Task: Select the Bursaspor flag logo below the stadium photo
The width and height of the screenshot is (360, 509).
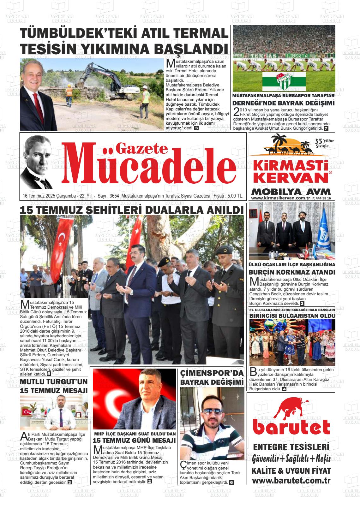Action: [x=284, y=81]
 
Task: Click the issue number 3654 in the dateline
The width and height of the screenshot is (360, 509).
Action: [x=113, y=196]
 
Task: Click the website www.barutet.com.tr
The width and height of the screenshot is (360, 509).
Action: [x=291, y=481]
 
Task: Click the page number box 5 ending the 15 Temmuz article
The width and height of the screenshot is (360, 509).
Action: [x=49, y=374]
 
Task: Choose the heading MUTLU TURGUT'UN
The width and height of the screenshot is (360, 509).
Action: [x=54, y=382]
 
